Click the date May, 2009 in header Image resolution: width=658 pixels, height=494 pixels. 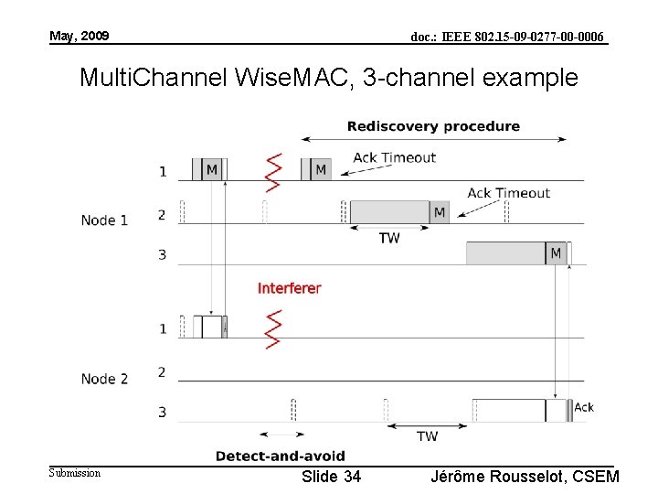pos(79,36)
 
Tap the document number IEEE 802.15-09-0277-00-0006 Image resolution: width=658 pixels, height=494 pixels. pos(507,37)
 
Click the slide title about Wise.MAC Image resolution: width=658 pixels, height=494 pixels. pos(328,78)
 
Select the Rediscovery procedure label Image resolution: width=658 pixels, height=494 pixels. pos(433,126)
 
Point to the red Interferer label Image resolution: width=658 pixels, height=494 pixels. pos(289,288)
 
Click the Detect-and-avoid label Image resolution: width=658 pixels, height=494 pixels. pos(280,456)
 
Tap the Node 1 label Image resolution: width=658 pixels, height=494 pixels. pos(104,220)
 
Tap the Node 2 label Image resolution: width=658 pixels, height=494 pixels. pos(104,379)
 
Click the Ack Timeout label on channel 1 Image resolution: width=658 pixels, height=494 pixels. pos(394,157)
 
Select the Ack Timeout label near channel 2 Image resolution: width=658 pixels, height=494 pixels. pos(508,193)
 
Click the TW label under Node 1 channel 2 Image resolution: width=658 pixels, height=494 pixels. pos(389,238)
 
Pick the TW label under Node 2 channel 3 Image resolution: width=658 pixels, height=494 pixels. pos(427,436)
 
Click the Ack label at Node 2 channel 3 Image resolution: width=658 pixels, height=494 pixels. pos(583,407)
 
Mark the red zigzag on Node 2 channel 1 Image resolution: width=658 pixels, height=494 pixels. pos(271,329)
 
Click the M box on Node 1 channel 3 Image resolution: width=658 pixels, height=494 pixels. pos(556,252)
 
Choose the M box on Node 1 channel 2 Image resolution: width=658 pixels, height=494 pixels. pos(440,212)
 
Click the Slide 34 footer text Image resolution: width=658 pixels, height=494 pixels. pos(331,477)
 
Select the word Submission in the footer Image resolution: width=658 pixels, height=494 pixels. pos(75,472)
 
